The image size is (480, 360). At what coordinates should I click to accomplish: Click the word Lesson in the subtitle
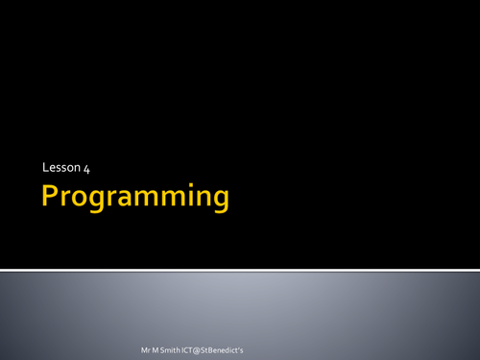[60, 169]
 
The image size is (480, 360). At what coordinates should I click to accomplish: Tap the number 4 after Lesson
[85, 169]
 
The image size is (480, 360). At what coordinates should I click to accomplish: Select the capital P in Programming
[51, 198]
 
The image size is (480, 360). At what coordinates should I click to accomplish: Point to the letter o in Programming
[84, 200]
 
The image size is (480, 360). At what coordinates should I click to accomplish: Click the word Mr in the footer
[144, 343]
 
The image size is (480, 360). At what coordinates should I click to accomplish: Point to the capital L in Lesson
[45, 169]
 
